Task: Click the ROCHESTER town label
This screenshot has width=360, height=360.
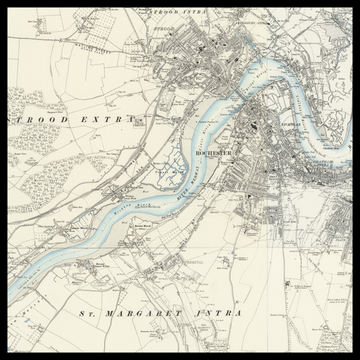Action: click(215, 153)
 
